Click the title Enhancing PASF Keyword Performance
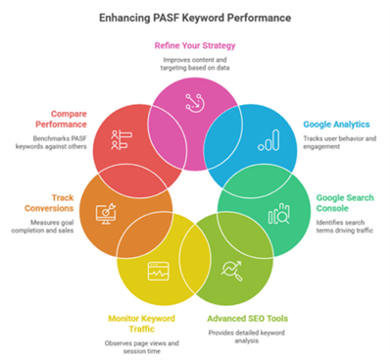pyautogui.click(x=195, y=17)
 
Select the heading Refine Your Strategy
pyautogui.click(x=195, y=45)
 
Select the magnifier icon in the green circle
pyautogui.click(x=279, y=214)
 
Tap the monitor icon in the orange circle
pyautogui.click(x=106, y=212)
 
